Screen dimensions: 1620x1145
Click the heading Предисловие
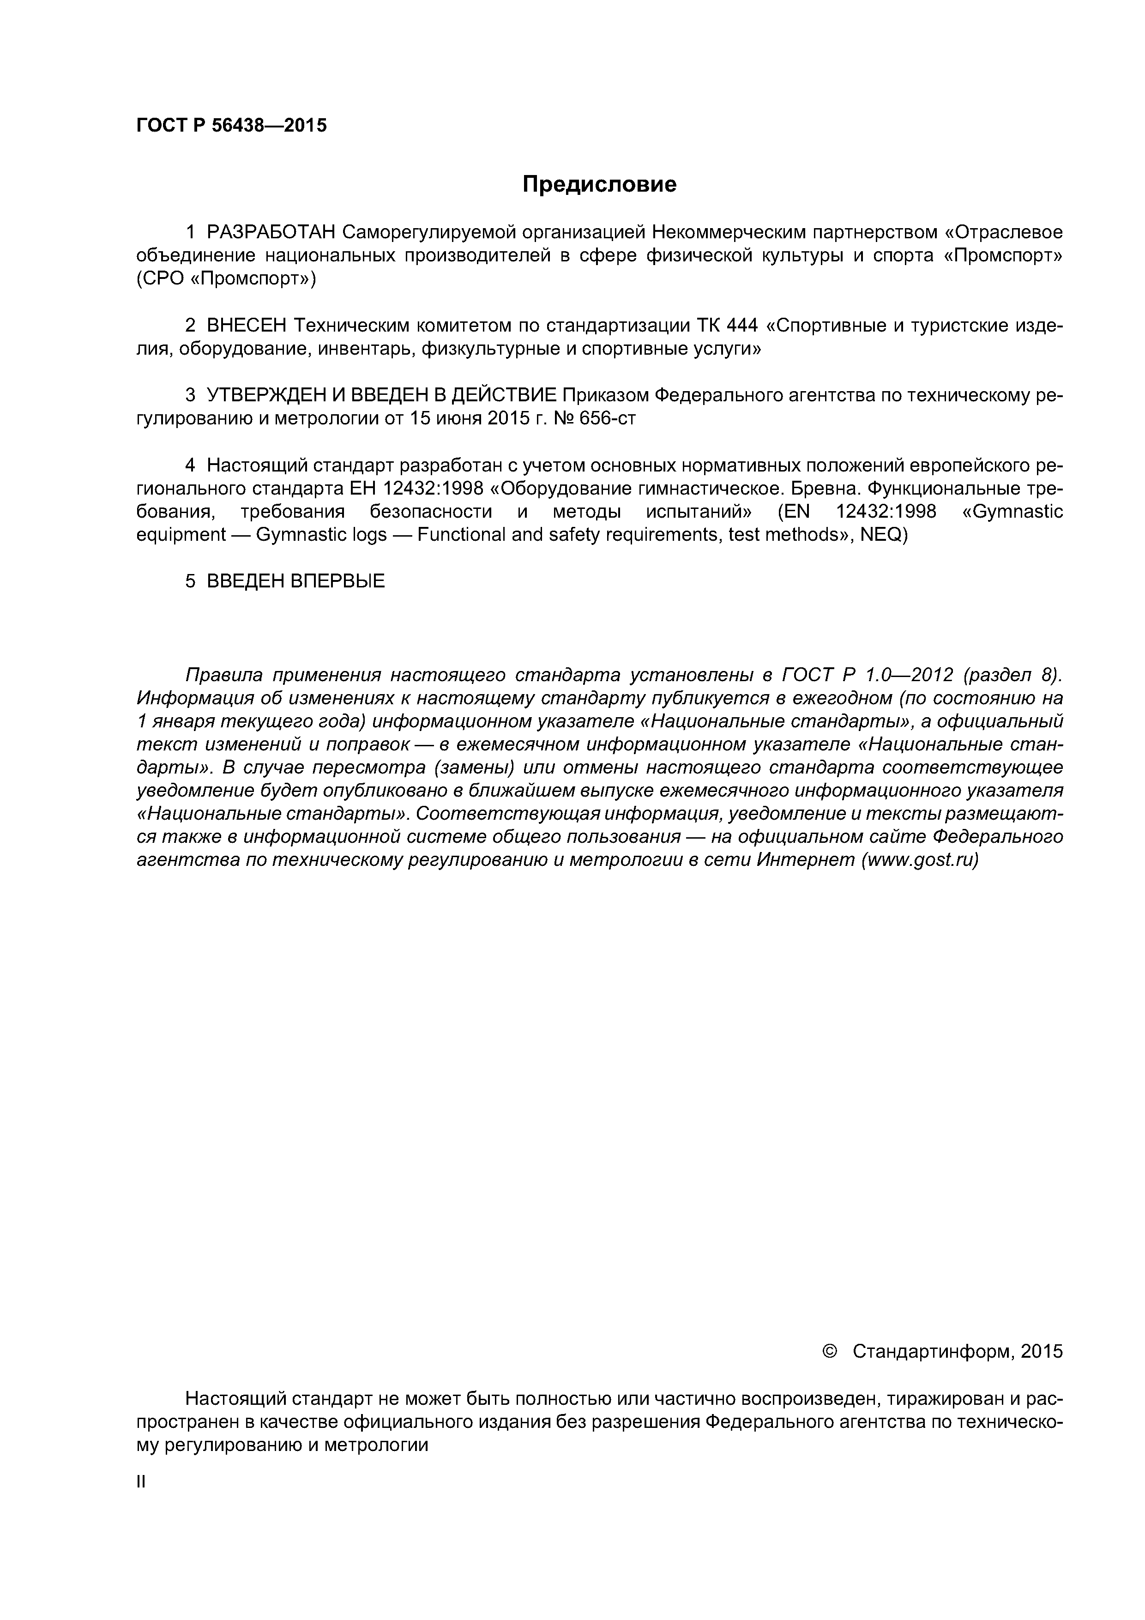pos(599,184)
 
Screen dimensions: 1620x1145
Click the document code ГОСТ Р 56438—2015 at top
pos(231,126)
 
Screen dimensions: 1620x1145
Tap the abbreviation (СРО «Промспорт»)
pos(226,279)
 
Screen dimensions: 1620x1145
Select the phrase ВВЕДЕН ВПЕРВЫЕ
pos(295,581)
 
